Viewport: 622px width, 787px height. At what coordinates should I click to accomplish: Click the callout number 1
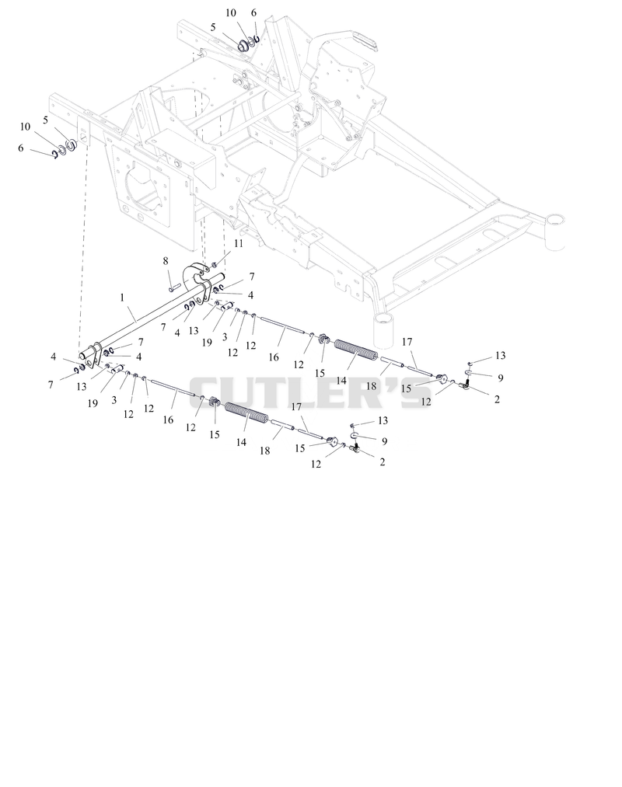(122, 298)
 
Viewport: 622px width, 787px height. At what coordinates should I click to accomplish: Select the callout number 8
(166, 260)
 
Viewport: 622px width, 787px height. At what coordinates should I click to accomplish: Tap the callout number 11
(238, 243)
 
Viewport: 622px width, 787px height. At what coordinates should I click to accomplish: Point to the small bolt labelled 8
(174, 288)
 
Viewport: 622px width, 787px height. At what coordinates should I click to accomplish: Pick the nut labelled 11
(214, 264)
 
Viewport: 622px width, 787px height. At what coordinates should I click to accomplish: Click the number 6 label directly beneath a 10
(20, 148)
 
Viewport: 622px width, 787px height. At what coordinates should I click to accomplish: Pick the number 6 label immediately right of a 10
(253, 12)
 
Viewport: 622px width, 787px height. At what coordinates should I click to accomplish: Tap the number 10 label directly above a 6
(25, 127)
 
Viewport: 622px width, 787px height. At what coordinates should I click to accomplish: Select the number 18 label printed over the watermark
(371, 386)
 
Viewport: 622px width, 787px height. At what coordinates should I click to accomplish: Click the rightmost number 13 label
(501, 355)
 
